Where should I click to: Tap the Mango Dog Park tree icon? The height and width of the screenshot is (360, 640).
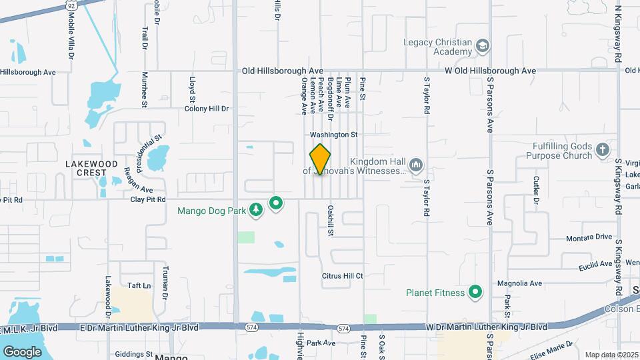[256, 211]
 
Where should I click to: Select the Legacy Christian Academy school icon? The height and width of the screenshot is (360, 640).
[483, 46]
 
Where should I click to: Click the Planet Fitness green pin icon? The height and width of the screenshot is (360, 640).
[475, 292]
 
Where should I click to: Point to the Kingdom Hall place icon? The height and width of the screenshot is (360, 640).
[416, 163]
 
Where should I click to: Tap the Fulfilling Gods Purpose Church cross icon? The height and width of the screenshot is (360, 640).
[603, 150]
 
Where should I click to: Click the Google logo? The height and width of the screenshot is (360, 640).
[22, 351]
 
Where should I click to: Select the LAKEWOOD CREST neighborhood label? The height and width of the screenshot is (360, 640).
[91, 167]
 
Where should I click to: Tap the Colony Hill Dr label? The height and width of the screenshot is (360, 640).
[207, 109]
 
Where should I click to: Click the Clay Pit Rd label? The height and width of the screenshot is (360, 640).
[148, 199]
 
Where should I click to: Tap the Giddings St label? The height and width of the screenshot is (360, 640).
[135, 355]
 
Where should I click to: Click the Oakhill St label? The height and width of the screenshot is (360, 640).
[330, 220]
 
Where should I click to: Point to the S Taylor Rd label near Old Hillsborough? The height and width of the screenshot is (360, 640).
[427, 97]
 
